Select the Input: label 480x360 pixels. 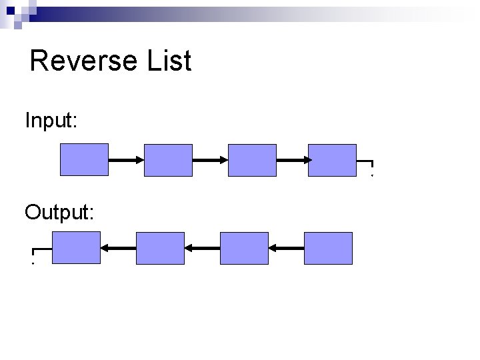(x=51, y=121)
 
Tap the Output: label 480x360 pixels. (x=59, y=212)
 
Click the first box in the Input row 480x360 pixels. (x=84, y=160)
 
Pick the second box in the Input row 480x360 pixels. (x=168, y=160)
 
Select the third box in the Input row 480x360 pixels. (x=252, y=160)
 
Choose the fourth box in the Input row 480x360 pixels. (x=332, y=160)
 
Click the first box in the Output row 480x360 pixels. (x=76, y=248)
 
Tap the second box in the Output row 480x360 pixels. (x=160, y=248)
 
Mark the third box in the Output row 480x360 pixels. (x=244, y=248)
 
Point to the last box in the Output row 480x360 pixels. (x=328, y=248)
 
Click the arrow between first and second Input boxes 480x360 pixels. (x=126, y=160)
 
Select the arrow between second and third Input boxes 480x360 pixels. (x=210, y=160)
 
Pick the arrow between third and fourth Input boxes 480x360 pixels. (x=293, y=160)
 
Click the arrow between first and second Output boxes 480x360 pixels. (x=118, y=248)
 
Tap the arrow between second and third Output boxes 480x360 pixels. (x=202, y=248)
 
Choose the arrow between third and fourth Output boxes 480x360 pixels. (x=286, y=248)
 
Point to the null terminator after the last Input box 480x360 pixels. (x=367, y=165)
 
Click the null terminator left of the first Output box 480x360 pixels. (x=37, y=253)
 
